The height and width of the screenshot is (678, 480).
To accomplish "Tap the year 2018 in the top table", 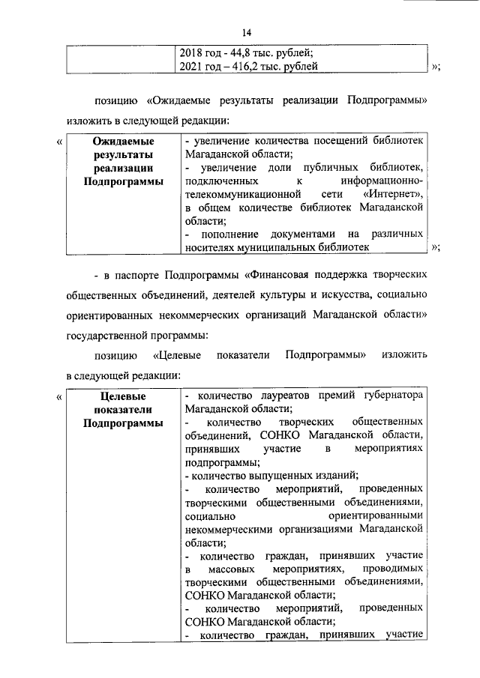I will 194,52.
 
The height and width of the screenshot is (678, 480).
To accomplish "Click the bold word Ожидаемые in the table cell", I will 123,140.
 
